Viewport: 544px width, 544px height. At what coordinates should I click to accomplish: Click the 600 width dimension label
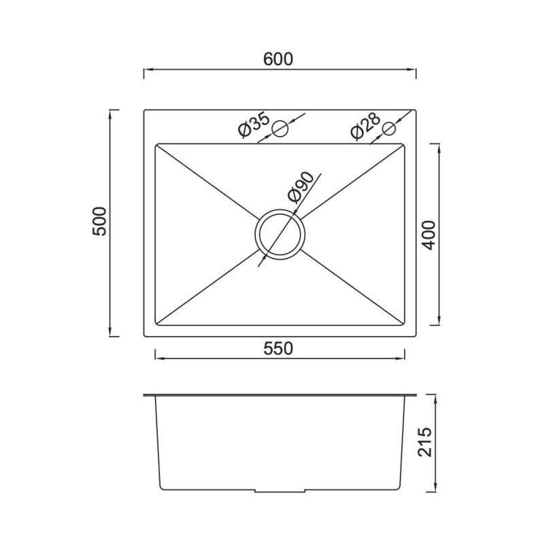tap(278, 59)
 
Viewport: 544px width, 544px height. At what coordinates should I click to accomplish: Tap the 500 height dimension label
tap(99, 222)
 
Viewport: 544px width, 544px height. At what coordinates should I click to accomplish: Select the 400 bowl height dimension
tap(428, 235)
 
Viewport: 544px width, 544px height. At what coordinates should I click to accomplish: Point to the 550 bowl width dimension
tap(278, 349)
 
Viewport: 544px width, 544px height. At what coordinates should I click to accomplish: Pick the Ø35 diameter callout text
tap(254, 125)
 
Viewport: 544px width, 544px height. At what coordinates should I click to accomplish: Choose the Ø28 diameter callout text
tap(366, 126)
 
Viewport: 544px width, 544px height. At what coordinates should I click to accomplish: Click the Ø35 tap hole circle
tap(280, 129)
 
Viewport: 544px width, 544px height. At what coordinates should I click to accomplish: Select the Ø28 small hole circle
tap(388, 129)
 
